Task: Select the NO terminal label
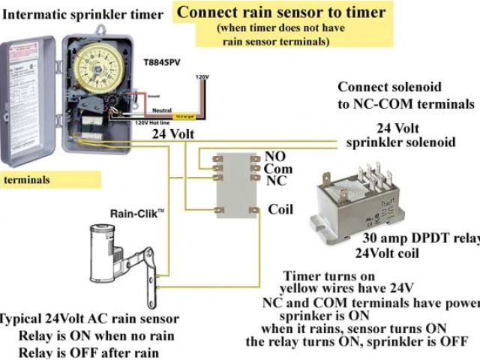pos(274,157)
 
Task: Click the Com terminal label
pos(277,169)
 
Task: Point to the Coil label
pos(279,209)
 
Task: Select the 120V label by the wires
pos(202,77)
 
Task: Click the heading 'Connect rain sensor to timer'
pos(281,12)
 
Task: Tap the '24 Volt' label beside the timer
pos(175,135)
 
